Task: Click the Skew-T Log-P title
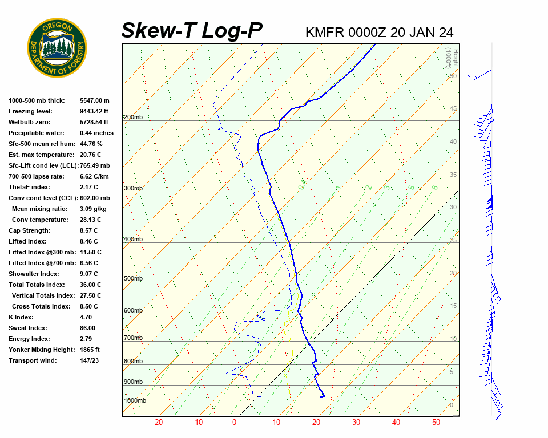[x=192, y=31]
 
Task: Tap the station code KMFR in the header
[x=325, y=33]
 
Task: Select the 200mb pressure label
[x=133, y=117]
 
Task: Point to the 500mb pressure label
[x=133, y=279]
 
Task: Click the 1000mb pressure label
[x=135, y=401]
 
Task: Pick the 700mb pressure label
[x=133, y=338]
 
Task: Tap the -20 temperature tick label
[x=158, y=423]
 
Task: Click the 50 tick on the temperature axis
[x=436, y=423]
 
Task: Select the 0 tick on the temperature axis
[x=234, y=423]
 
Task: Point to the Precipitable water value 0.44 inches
[x=96, y=133]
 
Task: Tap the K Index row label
[x=21, y=318]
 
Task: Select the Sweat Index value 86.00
[x=87, y=328]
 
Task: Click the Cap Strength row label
[x=29, y=231]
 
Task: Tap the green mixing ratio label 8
[x=434, y=187]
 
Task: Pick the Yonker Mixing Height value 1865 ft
[x=90, y=350]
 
